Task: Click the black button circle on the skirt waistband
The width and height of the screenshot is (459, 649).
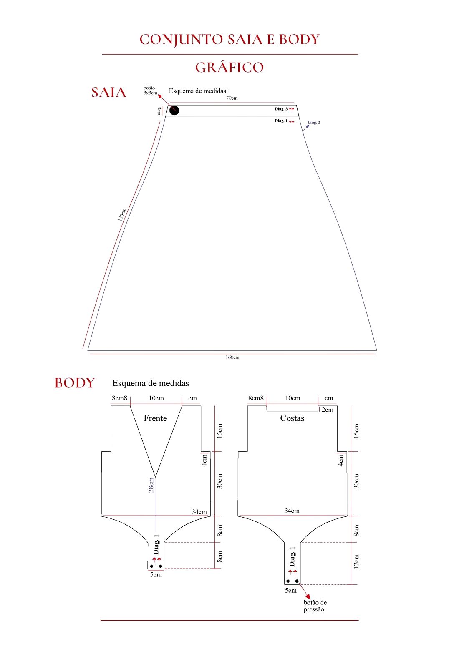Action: (x=174, y=111)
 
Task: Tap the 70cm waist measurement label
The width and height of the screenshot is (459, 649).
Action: (x=232, y=98)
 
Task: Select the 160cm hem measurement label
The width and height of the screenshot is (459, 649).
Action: (x=232, y=357)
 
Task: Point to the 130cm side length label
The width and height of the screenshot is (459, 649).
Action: (x=122, y=215)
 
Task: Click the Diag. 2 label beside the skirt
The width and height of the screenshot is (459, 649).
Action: (x=314, y=123)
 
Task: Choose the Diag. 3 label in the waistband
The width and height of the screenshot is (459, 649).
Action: (x=281, y=109)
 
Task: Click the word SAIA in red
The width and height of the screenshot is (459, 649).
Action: (x=108, y=93)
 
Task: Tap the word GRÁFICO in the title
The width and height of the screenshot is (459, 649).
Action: (x=229, y=68)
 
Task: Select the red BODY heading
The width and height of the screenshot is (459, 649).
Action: (x=75, y=383)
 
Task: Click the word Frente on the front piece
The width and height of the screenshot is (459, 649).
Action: (x=156, y=418)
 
